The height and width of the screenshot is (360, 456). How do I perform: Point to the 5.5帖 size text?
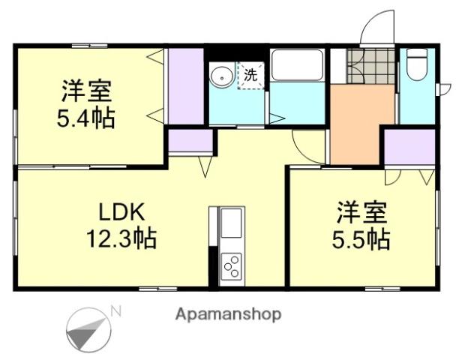(361, 239)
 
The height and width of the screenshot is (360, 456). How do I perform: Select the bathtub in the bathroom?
(297, 67)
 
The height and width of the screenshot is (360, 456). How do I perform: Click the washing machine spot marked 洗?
(251, 76)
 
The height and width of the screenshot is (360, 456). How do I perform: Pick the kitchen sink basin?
(232, 223)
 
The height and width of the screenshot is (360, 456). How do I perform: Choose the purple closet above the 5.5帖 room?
(409, 147)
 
